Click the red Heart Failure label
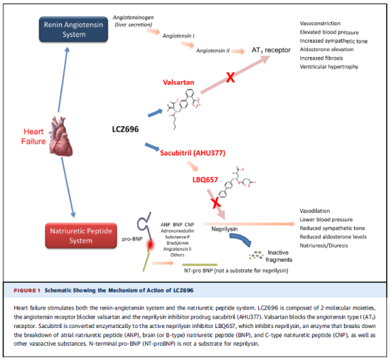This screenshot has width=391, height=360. pyautogui.click(x=33, y=135)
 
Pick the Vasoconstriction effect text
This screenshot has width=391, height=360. pyautogui.click(x=321, y=23)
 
